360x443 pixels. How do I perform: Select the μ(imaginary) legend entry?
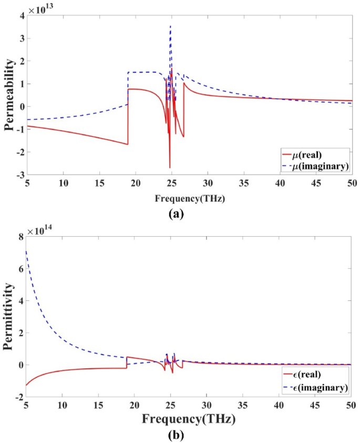tap(315, 166)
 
